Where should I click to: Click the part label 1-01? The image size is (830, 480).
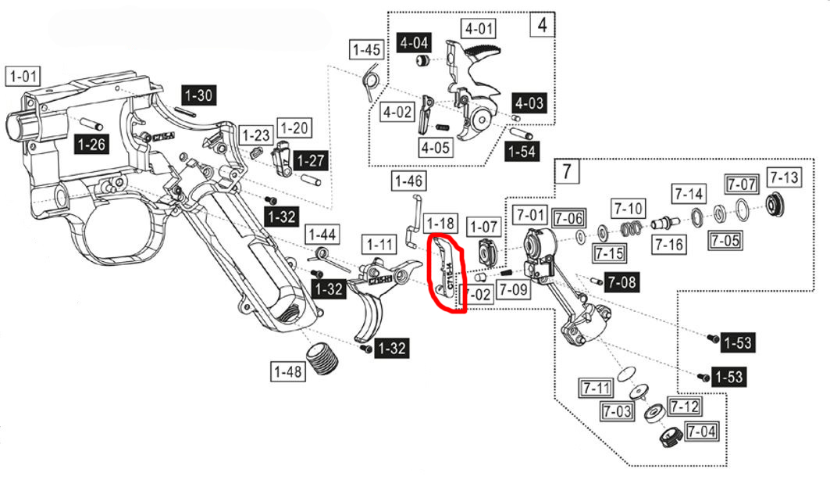coord(23,77)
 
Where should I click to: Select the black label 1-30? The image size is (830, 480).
coord(198,95)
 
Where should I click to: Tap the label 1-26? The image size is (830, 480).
coord(91,144)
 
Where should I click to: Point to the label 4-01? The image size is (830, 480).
coord(479,28)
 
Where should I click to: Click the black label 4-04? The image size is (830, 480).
coord(414,42)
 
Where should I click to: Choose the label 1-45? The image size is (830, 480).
coord(367,50)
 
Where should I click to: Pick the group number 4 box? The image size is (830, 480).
coord(542,25)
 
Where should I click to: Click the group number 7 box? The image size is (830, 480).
coord(567,171)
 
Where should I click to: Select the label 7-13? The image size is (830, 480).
coord(784,177)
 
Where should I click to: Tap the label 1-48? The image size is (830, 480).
coord(288,371)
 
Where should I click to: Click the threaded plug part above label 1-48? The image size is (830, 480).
coord(322,358)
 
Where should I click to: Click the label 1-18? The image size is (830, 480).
coord(440,223)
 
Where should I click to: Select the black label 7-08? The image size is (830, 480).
coord(622,282)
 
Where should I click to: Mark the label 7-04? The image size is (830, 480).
coord(701,432)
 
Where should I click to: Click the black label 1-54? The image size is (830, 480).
coord(522,152)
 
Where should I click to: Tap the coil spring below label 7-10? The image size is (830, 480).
coord(630,228)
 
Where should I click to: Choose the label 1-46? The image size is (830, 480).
coord(408,181)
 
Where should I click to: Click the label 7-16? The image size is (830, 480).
coord(669,244)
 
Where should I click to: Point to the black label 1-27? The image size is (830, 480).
coord(312,160)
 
